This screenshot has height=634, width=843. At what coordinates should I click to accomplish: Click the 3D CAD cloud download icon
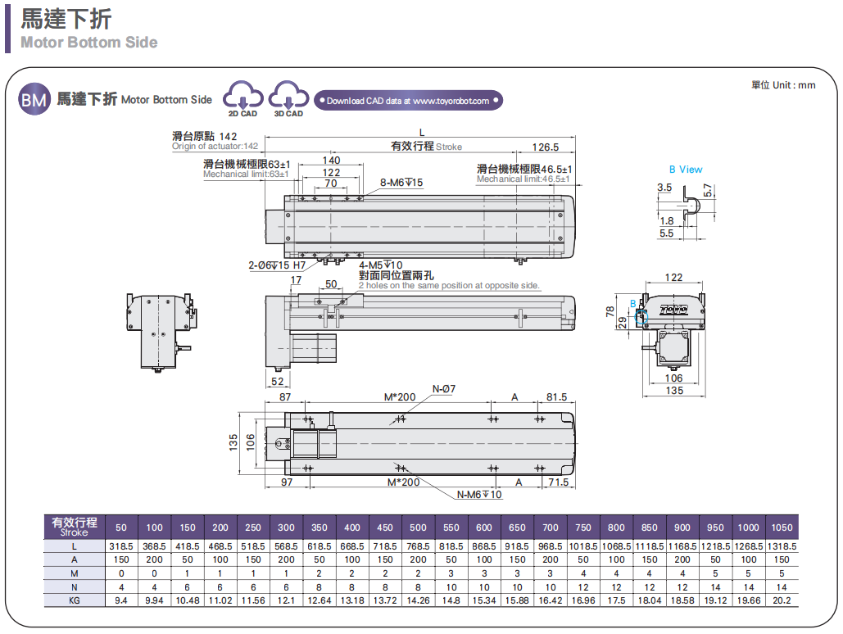288,97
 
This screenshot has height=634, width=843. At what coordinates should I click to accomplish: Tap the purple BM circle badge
34,100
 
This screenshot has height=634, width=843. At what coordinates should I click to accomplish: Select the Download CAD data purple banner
408,101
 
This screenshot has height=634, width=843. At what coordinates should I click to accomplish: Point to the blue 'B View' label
686,170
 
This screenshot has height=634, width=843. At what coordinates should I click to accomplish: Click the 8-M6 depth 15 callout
401,183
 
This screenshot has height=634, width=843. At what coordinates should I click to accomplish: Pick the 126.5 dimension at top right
545,147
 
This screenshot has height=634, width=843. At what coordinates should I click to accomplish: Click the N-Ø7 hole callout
443,388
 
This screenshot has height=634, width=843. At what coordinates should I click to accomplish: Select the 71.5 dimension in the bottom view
558,482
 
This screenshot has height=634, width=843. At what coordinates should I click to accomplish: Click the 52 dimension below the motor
277,381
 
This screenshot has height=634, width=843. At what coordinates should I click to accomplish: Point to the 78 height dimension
610,311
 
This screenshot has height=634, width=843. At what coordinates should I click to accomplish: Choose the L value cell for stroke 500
418,546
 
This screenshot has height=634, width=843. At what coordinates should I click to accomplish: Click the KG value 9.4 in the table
121,600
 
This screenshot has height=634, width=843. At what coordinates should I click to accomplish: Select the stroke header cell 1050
782,528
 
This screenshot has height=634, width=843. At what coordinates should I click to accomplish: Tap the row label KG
74,600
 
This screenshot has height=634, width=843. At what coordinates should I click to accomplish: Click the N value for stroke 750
583,587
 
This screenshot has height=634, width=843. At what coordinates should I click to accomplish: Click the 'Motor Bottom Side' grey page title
89,43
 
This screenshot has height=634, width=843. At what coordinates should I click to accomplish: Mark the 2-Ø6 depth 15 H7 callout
277,265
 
